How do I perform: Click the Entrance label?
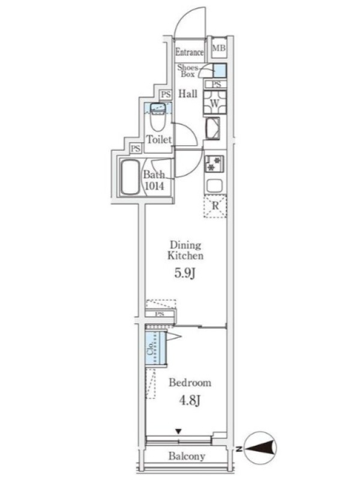coord(189,52)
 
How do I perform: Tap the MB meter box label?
coord(219,48)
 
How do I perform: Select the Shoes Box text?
coord(188,71)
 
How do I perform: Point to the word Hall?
coord(188,94)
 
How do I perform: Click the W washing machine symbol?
coord(215,103)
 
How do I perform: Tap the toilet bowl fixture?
coord(158,118)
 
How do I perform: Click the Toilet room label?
coord(159,140)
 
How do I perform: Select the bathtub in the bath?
coord(130,177)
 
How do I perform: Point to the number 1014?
coord(154,186)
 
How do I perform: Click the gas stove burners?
coord(214,163)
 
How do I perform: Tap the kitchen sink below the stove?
coord(215,186)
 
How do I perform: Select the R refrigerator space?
coord(215,206)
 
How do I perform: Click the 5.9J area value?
coord(185,273)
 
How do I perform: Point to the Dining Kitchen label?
coord(185,250)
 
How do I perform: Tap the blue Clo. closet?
coord(155,349)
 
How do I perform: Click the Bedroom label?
coord(190,383)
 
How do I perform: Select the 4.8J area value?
coord(190,400)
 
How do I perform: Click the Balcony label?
coord(187,457)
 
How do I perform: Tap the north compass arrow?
coord(261,448)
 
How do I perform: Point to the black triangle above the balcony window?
coord(178,431)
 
